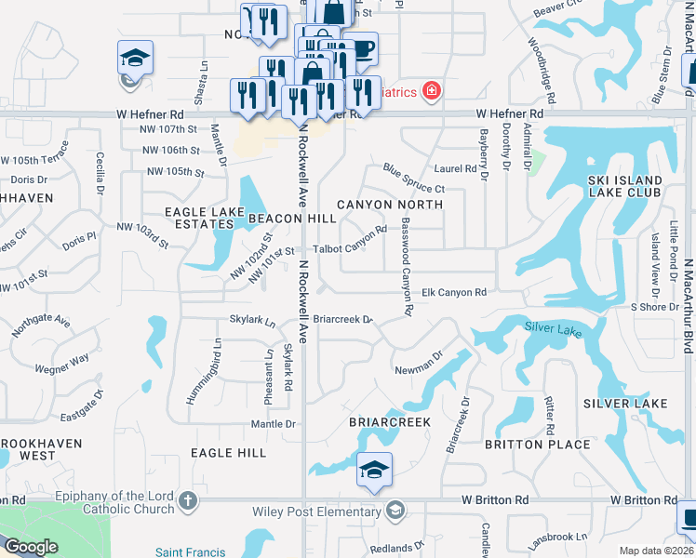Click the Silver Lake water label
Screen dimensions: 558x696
pyautogui.click(x=553, y=327)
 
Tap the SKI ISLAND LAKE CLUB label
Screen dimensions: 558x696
pyautogui.click(x=625, y=186)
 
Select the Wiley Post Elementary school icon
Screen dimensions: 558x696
pyautogui.click(x=396, y=511)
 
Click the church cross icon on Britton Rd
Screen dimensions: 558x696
pyautogui.click(x=188, y=502)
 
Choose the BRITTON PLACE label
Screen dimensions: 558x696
pyautogui.click(x=538, y=445)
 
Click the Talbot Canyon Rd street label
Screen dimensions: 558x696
pyautogui.click(x=350, y=242)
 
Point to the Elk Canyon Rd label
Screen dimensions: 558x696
pyautogui.click(x=455, y=292)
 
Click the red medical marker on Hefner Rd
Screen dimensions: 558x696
pyautogui.click(x=431, y=90)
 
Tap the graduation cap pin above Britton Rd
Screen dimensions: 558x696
pyautogui.click(x=374, y=470)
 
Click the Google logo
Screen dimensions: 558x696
pyautogui.click(x=31, y=546)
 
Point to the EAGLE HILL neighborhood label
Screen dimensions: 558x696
pyautogui.click(x=228, y=453)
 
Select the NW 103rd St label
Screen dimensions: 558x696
pyautogui.click(x=141, y=234)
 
